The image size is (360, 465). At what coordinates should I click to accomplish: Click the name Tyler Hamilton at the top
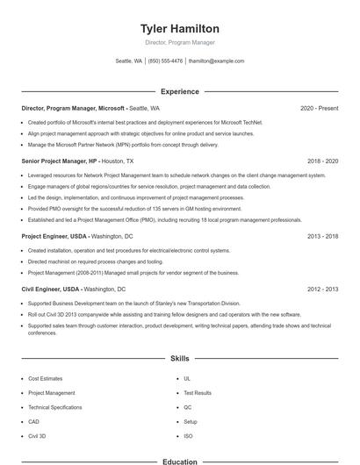tap(179, 29)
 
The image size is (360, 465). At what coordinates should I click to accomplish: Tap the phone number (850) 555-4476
tap(165, 61)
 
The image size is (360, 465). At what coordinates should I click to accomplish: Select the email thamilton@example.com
tap(216, 61)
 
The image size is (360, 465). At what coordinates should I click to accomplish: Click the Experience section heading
tap(179, 91)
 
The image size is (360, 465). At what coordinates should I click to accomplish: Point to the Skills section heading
tap(179, 359)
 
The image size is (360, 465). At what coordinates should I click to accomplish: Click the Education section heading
tap(179, 461)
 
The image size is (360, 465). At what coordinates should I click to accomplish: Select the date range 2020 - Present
tap(319, 108)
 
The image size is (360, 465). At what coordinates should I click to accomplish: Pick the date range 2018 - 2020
tap(322, 161)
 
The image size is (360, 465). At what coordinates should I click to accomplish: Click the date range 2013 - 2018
tap(322, 236)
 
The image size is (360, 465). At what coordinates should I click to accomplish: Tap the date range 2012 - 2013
tap(322, 289)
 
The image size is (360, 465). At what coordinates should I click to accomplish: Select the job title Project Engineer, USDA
tap(54, 236)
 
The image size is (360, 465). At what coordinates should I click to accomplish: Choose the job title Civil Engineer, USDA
tap(51, 289)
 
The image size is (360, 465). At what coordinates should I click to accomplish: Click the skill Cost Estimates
tap(45, 379)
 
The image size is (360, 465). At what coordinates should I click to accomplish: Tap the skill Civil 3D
tap(38, 436)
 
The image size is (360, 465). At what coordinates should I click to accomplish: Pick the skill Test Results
tap(198, 393)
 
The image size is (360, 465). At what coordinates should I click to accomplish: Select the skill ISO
tap(188, 436)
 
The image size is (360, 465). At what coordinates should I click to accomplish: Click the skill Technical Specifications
tap(54, 407)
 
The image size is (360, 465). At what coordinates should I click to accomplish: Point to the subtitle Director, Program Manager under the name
tap(179, 42)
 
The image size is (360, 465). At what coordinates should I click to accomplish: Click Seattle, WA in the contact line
tap(128, 61)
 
